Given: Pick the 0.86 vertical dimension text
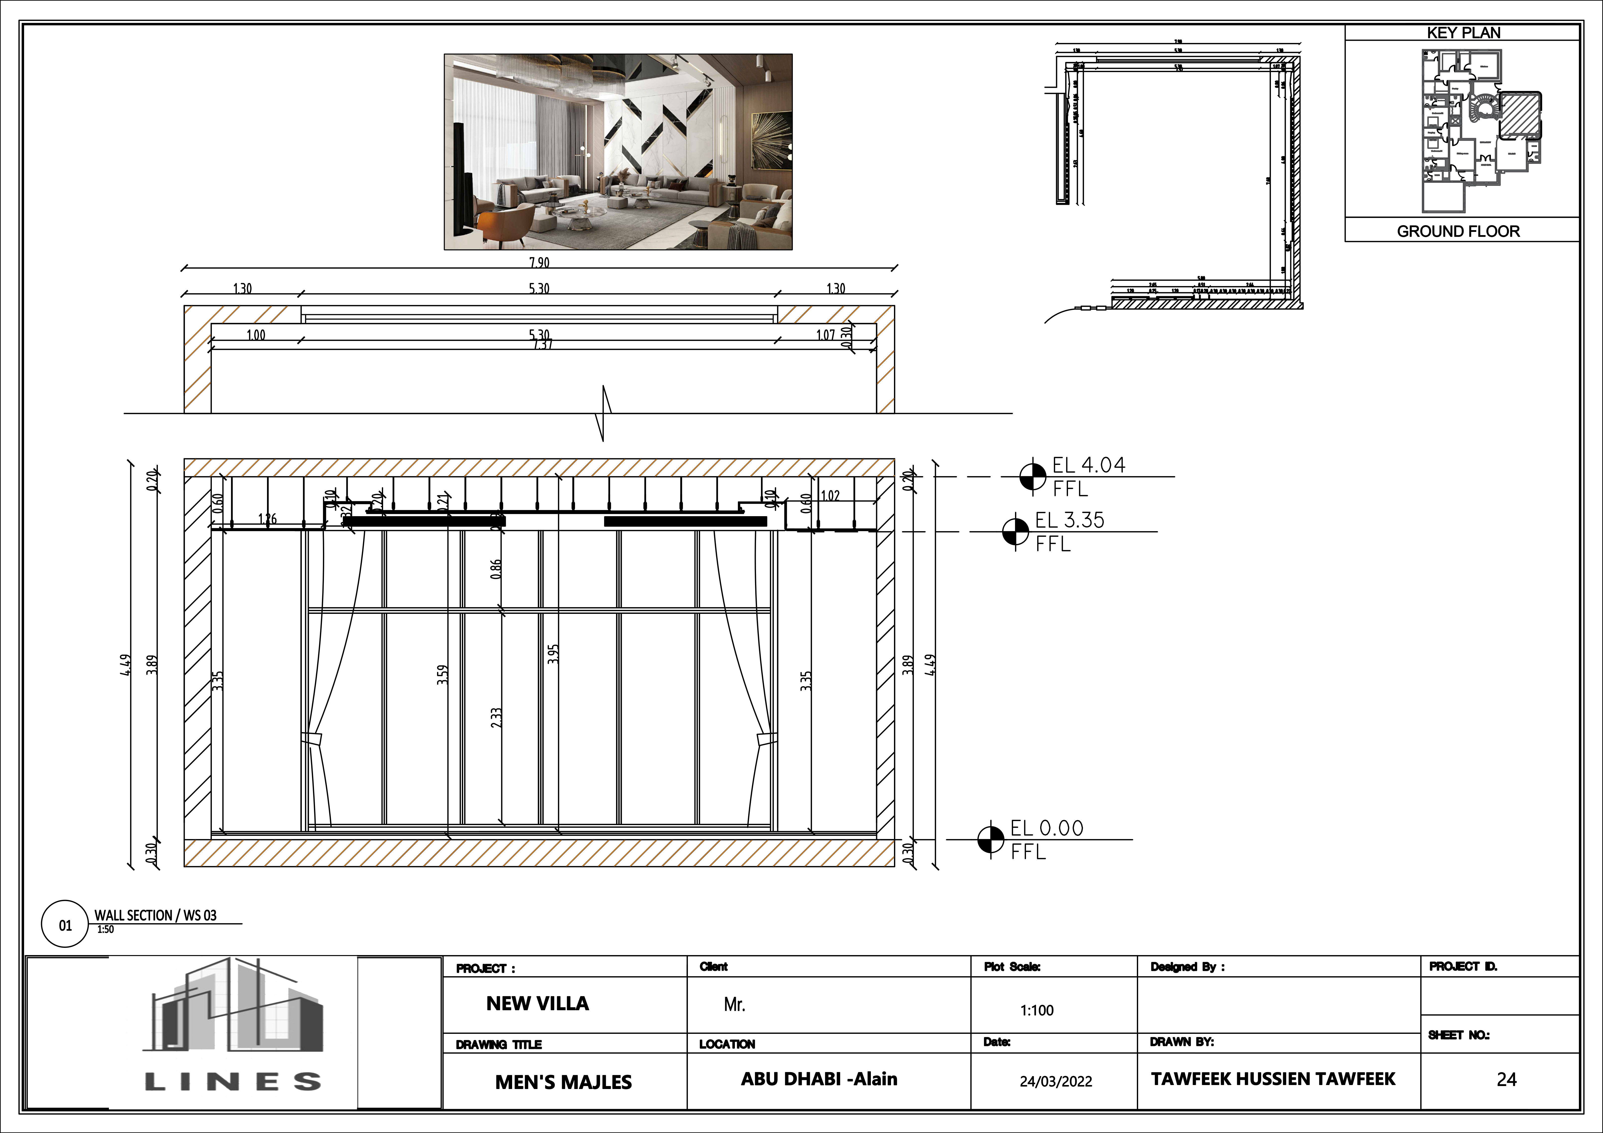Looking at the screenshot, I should click(496, 569).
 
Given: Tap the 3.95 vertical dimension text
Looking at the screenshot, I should click(553, 654).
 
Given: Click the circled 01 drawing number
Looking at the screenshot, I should click(65, 925).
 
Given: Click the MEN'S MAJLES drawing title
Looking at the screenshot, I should click(563, 1082).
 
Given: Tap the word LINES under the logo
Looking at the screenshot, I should click(232, 1082).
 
